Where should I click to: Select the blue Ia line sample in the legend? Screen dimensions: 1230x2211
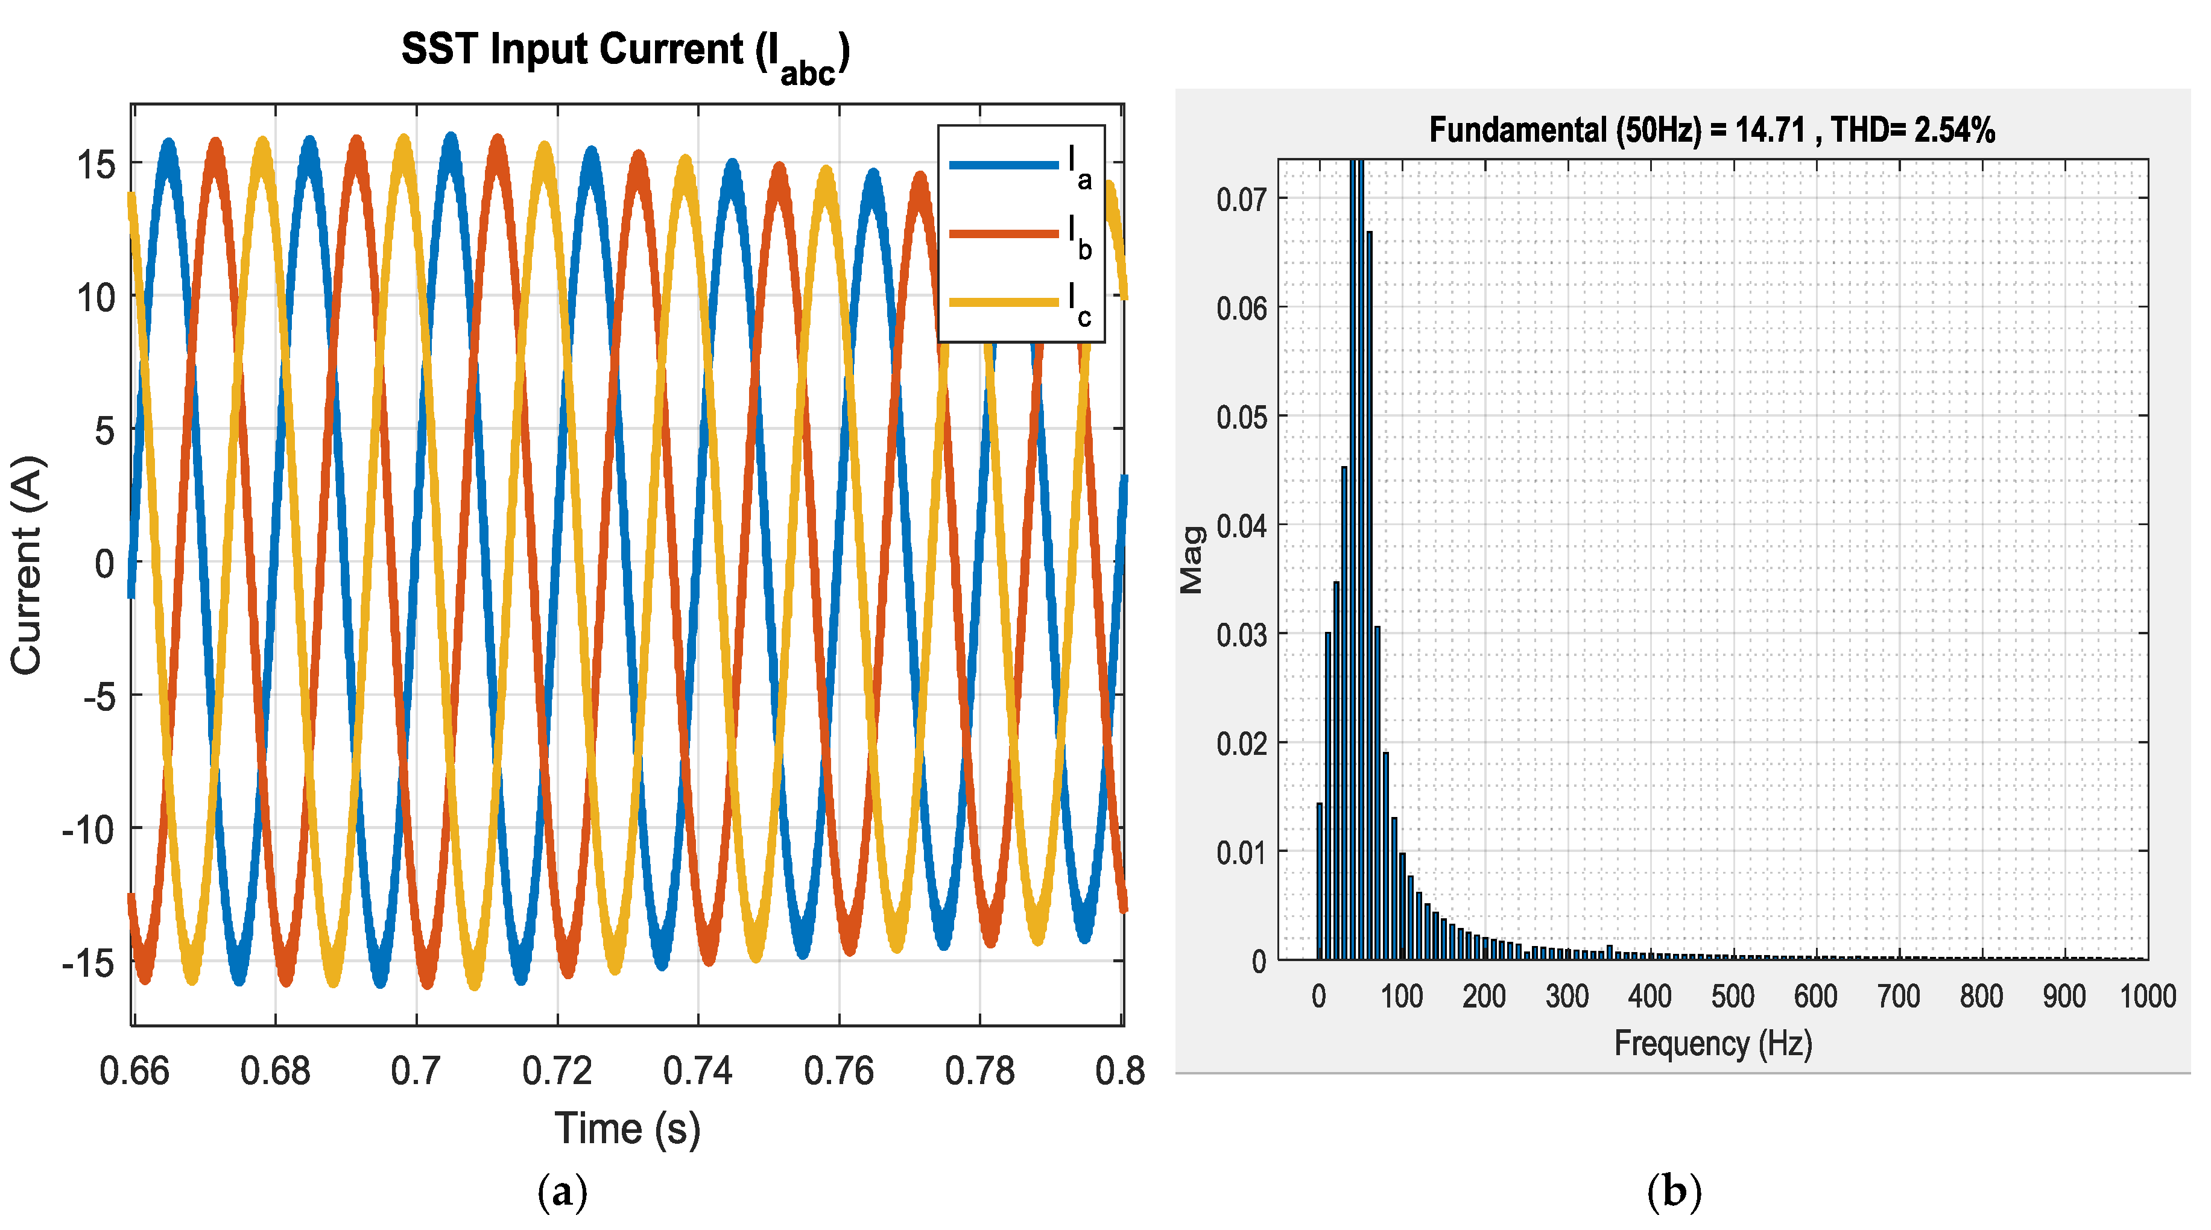(1004, 165)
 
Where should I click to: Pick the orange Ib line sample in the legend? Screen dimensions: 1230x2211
(1004, 233)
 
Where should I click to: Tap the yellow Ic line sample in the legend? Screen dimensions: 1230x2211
(1004, 302)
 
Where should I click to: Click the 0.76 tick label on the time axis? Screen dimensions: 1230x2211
(838, 1071)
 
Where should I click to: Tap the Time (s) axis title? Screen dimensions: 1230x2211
(627, 1128)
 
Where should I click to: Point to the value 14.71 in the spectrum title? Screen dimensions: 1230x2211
(1770, 130)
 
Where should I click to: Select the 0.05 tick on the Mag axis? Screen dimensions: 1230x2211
(1241, 417)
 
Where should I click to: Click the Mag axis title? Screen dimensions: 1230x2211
(1191, 560)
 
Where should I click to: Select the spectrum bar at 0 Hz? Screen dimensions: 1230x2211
(1319, 881)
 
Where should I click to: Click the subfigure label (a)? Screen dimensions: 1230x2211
(562, 1191)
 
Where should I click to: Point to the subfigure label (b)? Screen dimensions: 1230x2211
(1674, 1191)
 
